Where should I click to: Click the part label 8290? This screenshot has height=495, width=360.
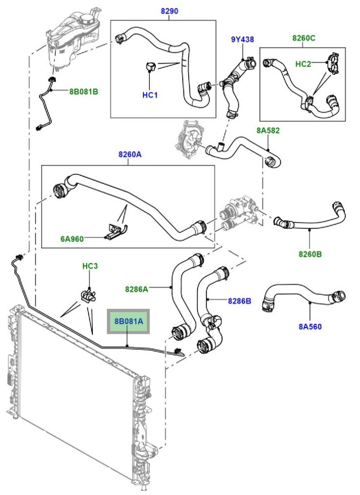[170, 11]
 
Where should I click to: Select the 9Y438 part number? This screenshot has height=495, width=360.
[242, 40]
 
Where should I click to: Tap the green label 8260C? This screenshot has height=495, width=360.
[304, 38]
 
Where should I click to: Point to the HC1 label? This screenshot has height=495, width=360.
[150, 95]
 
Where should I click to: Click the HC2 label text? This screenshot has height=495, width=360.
[303, 64]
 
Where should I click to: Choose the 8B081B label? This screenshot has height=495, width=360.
[84, 92]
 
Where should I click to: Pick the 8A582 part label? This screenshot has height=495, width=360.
[268, 131]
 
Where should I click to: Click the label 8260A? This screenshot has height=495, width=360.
[130, 154]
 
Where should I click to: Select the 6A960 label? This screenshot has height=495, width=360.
[72, 239]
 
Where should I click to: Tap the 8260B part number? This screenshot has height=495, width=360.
[310, 254]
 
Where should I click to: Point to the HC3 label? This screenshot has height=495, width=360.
[90, 266]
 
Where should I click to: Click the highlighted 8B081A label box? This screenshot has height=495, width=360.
[128, 321]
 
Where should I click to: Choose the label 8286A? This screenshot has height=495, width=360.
[136, 289]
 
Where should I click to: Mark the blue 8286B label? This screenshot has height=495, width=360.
[240, 301]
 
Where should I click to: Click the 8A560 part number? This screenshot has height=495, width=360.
[310, 326]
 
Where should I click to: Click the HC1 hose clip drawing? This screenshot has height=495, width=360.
[150, 67]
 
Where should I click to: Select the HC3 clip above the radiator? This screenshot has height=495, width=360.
[87, 295]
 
